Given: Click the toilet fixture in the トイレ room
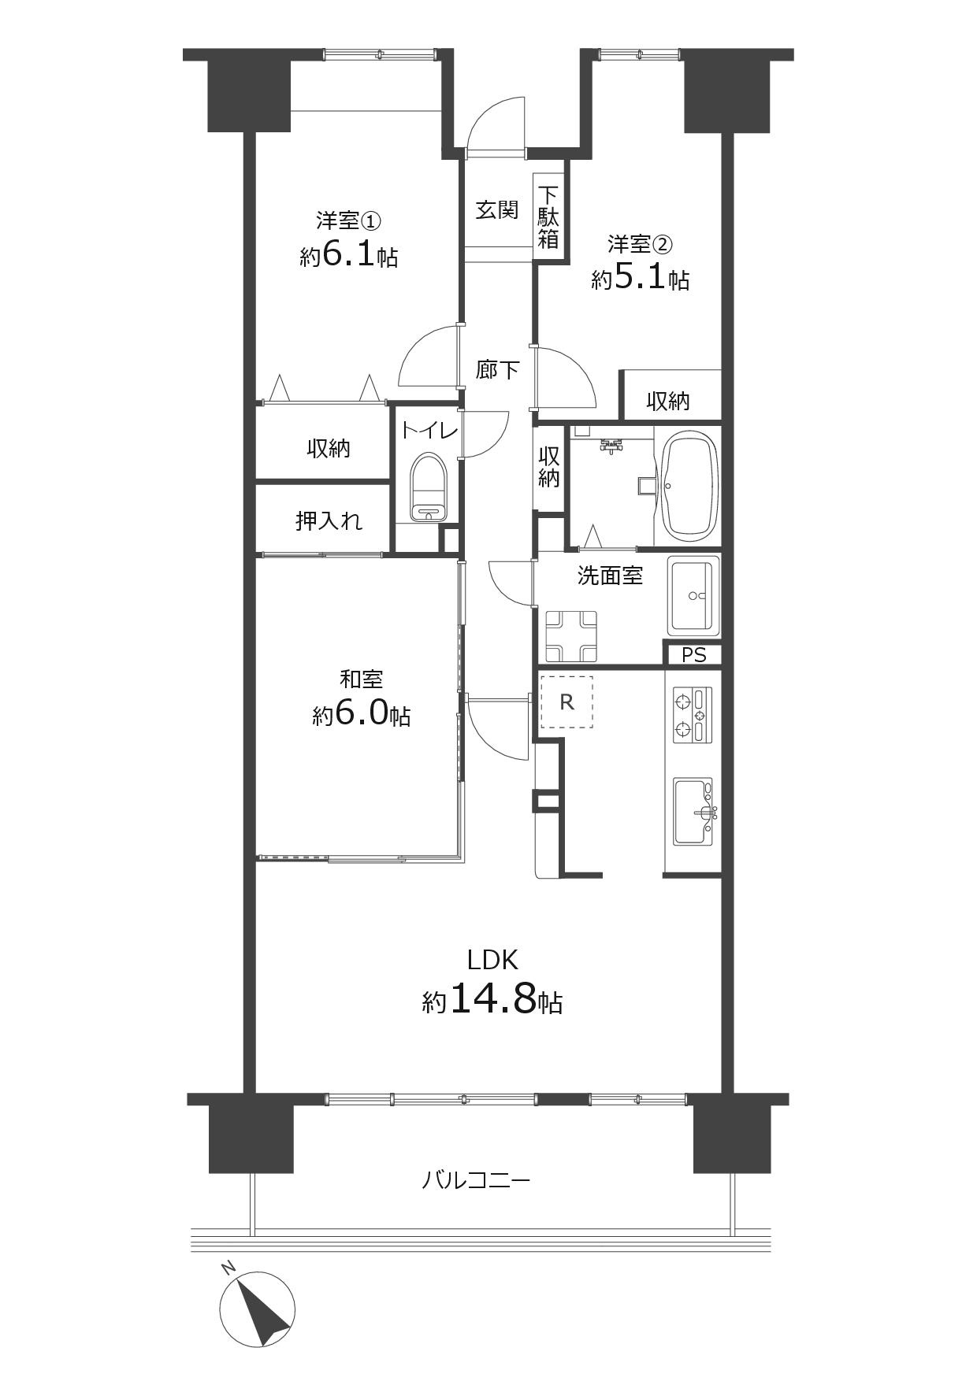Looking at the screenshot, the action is [429, 487].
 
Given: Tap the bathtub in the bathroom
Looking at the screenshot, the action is [689, 485].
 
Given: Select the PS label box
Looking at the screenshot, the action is [693, 654].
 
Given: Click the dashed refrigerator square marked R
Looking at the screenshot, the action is [567, 702].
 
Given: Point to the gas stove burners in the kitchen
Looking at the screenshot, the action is [693, 714].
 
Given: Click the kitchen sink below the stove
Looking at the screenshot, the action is [693, 813].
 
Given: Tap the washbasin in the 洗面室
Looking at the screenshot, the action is [693, 596].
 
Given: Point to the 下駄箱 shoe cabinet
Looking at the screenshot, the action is [548, 217].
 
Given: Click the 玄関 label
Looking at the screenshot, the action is [497, 210].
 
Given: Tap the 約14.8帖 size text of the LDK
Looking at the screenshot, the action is [492, 1001].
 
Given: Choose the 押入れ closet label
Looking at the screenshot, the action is [329, 520].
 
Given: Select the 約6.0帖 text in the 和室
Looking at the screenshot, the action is [362, 714].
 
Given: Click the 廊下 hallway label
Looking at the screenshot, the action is [497, 369].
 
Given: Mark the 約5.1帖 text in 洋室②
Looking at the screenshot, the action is [641, 279].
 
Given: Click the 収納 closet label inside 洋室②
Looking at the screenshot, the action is [668, 402].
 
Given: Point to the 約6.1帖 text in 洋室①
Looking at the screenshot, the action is [348, 256].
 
